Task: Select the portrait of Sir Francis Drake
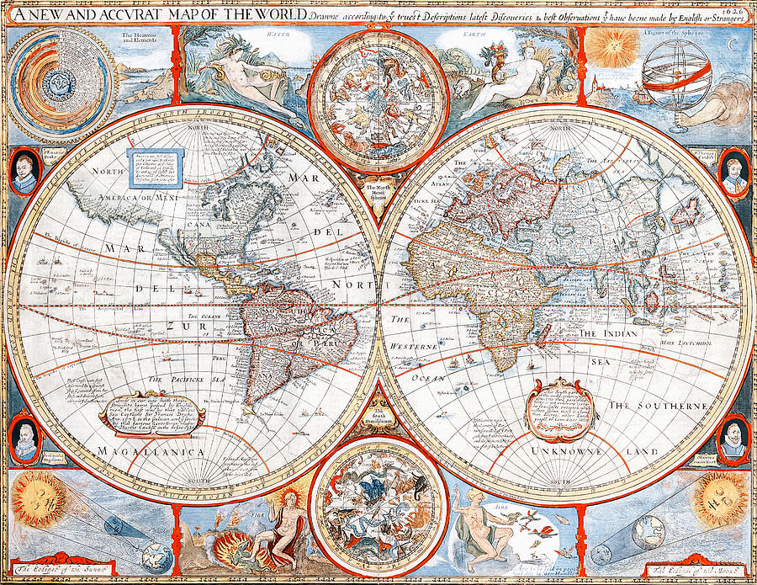[x=26, y=171]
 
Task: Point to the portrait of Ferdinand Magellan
[x=26, y=438]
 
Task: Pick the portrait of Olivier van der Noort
[x=733, y=439]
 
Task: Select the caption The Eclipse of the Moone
[x=694, y=570]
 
